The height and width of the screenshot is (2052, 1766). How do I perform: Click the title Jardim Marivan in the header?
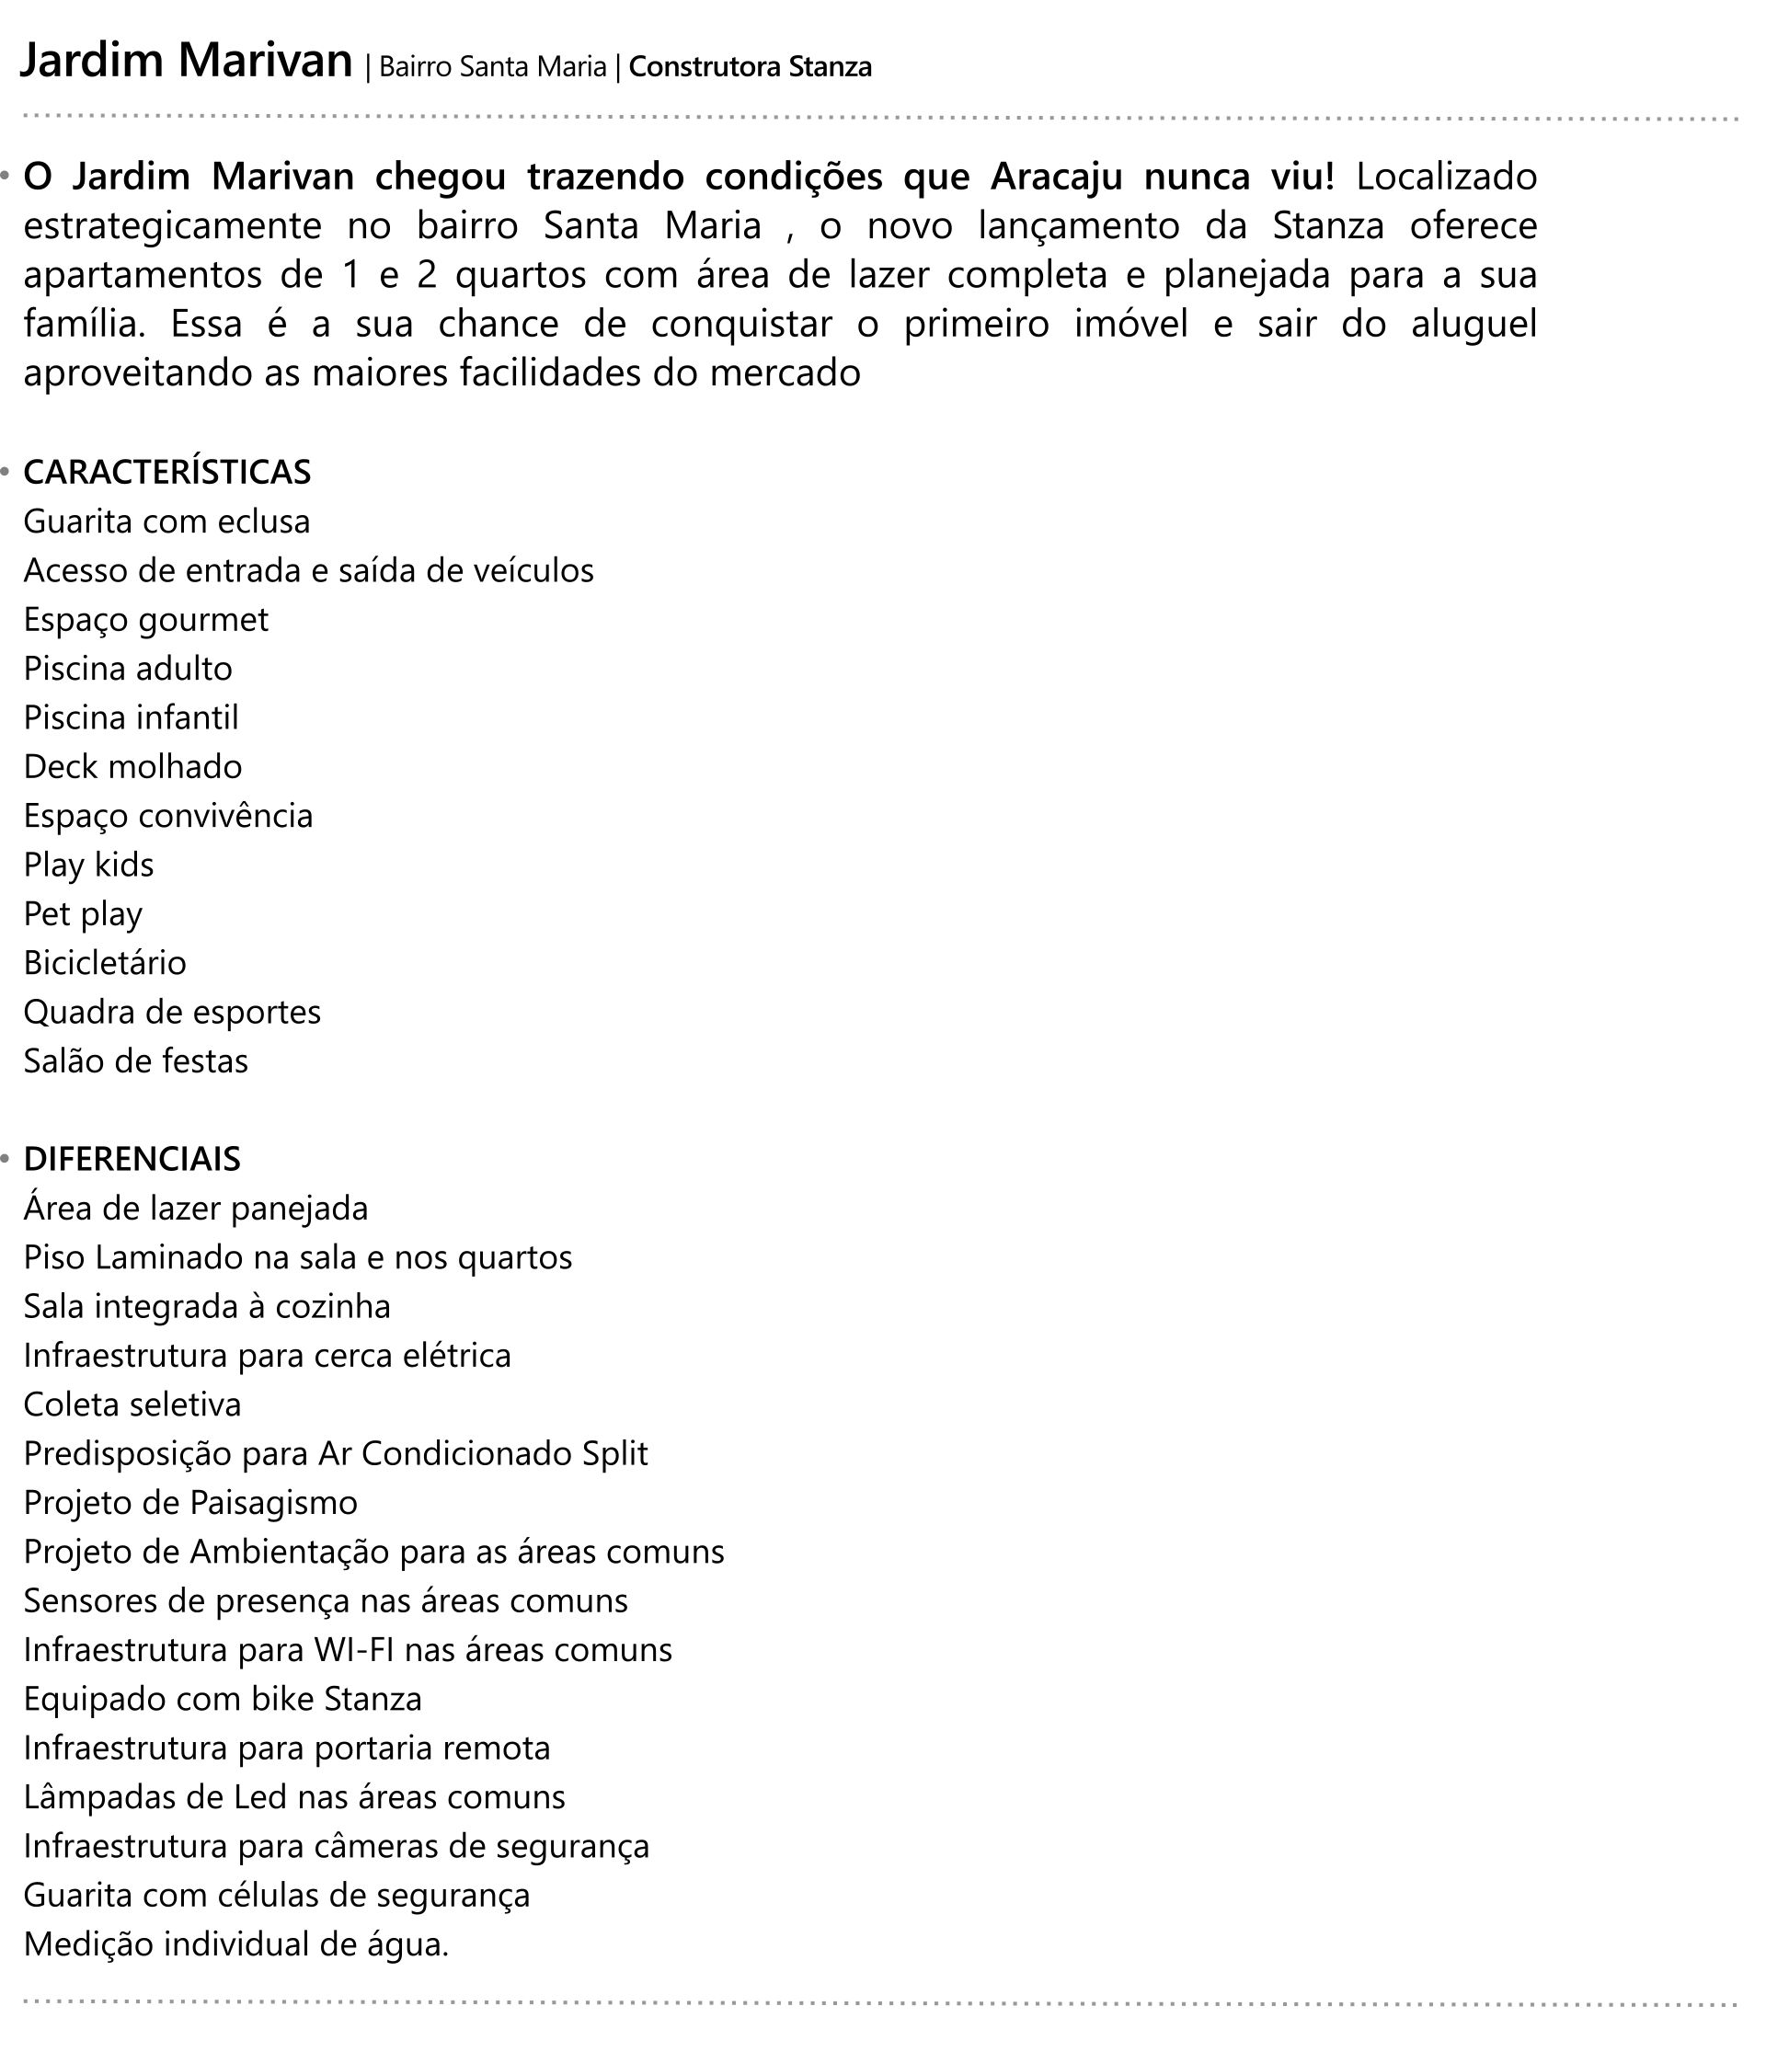(x=186, y=62)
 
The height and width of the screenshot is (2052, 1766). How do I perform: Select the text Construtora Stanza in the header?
(x=750, y=67)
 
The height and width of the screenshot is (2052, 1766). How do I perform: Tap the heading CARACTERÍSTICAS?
(x=166, y=473)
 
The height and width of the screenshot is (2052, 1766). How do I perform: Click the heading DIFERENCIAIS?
(x=132, y=1159)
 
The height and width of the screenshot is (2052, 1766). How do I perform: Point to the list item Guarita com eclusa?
(x=166, y=522)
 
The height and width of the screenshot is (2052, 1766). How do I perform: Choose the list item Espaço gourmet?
(x=145, y=620)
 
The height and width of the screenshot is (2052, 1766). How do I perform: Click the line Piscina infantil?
(x=131, y=718)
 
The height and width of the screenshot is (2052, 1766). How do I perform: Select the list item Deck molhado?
(x=132, y=766)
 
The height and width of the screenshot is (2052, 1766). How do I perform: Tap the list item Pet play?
(x=83, y=914)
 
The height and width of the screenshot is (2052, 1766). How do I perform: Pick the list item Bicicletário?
(x=105, y=963)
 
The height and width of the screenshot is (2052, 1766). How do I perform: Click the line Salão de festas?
(x=136, y=1060)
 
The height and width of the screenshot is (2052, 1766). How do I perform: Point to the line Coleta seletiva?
(x=132, y=1404)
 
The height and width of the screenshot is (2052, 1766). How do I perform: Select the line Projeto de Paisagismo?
(x=190, y=1502)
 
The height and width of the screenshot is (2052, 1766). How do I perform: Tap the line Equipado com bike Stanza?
(x=223, y=1699)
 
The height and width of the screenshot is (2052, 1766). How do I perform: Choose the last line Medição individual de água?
(x=235, y=1944)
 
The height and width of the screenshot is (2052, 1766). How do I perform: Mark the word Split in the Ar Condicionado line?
(x=615, y=1454)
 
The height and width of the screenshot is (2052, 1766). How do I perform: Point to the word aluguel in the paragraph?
(x=1474, y=325)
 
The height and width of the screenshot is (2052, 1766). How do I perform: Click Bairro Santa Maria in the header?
(x=492, y=67)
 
